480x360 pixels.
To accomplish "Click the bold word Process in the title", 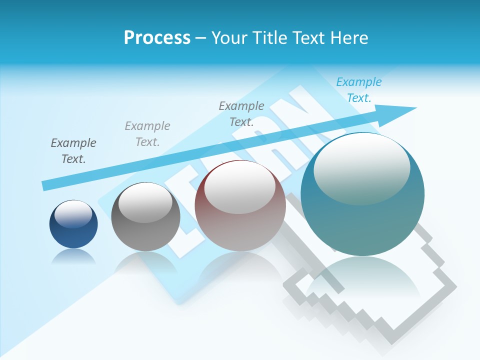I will click(x=157, y=38).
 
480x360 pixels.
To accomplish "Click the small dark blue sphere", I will click(x=73, y=225).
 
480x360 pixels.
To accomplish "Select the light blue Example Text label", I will click(x=359, y=90).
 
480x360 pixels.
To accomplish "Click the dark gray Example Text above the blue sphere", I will click(x=73, y=151).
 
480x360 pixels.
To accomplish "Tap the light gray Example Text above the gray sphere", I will click(x=147, y=134).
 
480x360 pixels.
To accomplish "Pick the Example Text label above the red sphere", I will click(x=241, y=113).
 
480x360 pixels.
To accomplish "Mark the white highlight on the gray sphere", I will click(x=145, y=202).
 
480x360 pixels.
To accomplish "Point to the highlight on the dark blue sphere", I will click(x=73, y=213).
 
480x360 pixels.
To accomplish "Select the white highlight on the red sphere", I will click(x=239, y=187).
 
